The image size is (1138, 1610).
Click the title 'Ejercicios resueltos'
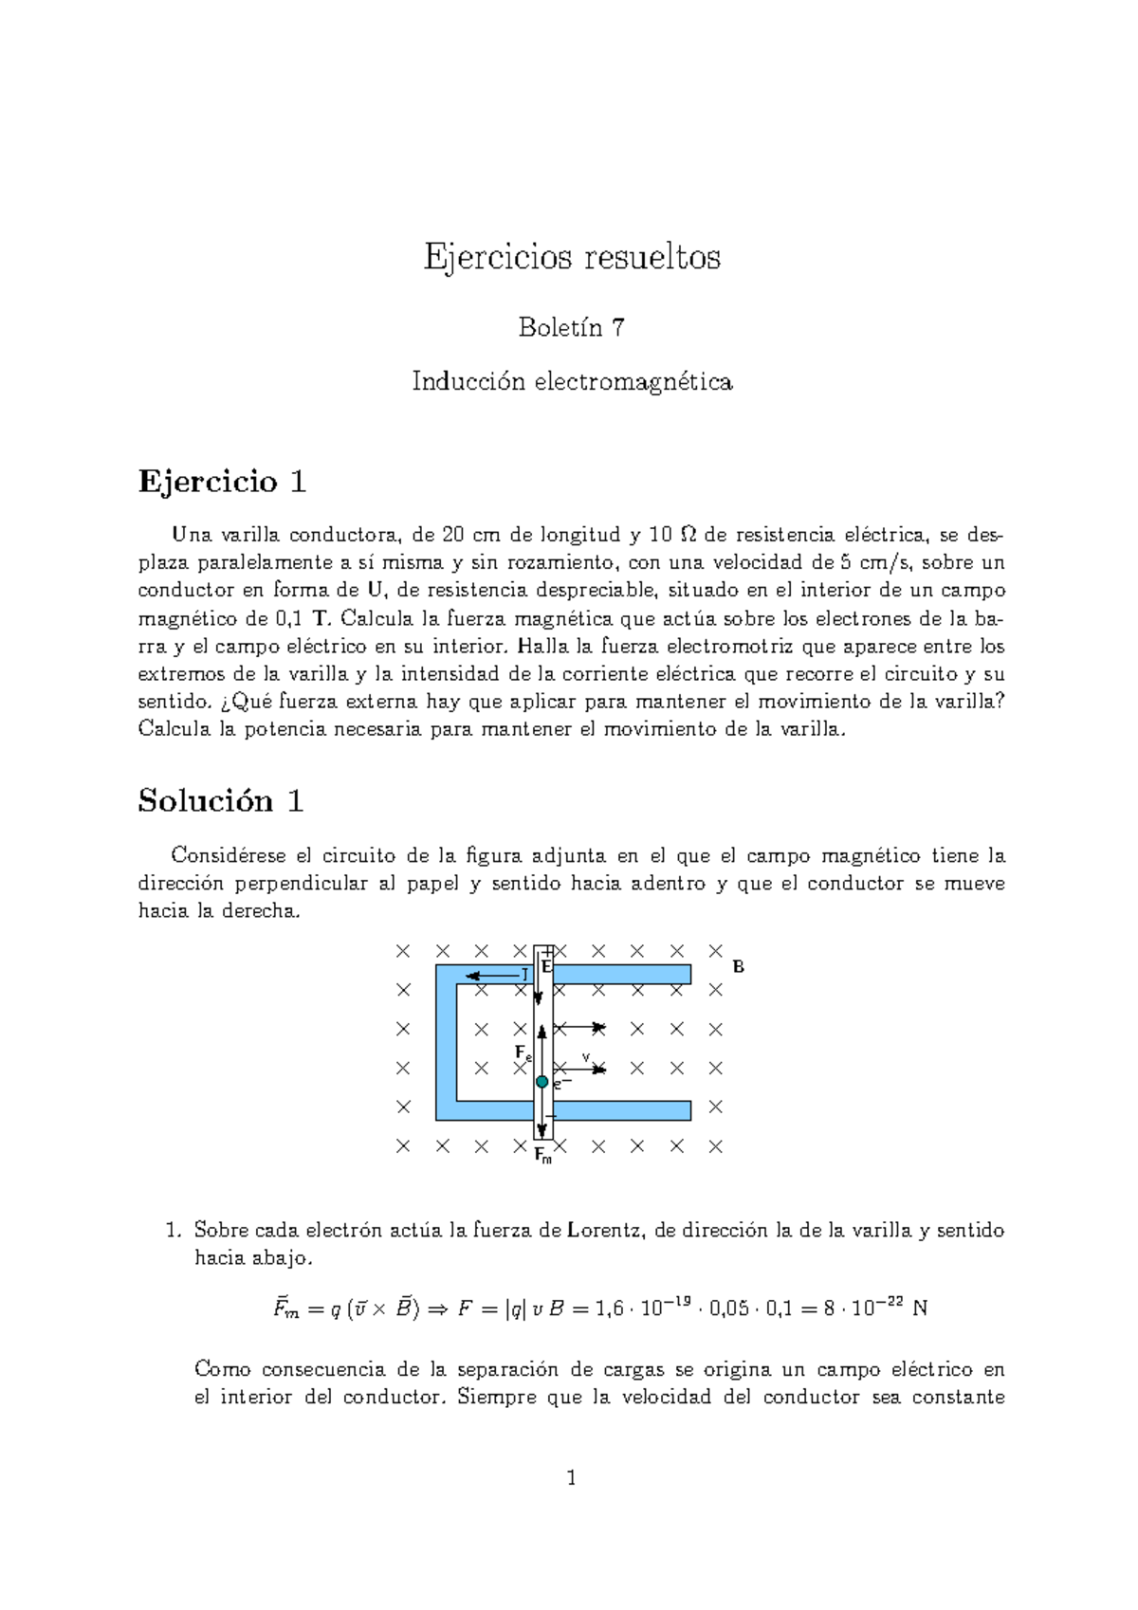pyautogui.click(x=572, y=258)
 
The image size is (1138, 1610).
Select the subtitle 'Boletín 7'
pyautogui.click(x=571, y=328)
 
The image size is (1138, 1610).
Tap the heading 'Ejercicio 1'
pyautogui.click(x=222, y=482)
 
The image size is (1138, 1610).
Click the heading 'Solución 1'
pyautogui.click(x=220, y=801)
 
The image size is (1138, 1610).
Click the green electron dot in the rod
pyautogui.click(x=541, y=1082)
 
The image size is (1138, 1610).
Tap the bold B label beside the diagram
pyautogui.click(x=739, y=967)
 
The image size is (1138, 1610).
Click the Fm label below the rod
pyautogui.click(x=542, y=1156)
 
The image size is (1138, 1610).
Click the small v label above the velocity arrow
pyautogui.click(x=585, y=1055)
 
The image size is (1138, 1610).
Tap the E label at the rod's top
pyautogui.click(x=546, y=966)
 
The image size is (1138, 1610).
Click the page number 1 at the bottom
pyautogui.click(x=571, y=1477)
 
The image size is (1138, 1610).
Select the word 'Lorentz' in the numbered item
pyautogui.click(x=606, y=1231)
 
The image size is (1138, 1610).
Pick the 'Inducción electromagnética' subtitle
pyautogui.click(x=572, y=382)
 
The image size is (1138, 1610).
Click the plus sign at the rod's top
pyautogui.click(x=547, y=951)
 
